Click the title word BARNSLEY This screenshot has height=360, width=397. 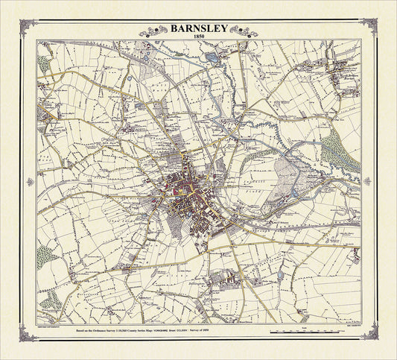pos(198,29)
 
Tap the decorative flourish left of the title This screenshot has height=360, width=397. pos(154,31)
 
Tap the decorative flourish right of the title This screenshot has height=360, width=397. pos(243,31)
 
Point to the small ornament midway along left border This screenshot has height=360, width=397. pos(28,181)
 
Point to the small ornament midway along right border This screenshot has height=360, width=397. pos(369,181)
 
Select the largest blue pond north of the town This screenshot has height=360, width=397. pos(212,57)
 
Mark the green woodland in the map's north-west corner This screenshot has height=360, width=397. pos(43,63)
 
